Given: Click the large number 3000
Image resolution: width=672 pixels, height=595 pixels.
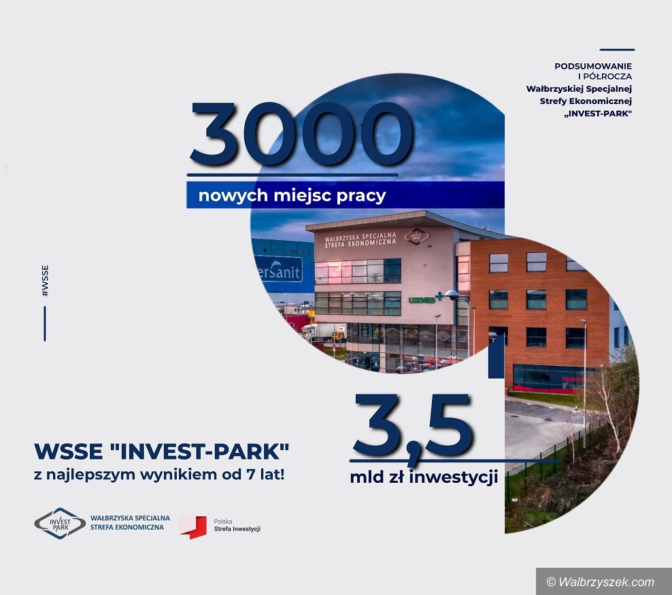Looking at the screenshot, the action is tap(301, 134).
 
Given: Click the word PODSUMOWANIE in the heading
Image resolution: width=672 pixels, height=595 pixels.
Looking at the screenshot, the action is tap(592, 66).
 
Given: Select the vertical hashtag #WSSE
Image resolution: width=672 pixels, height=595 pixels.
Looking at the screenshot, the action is tap(45, 281).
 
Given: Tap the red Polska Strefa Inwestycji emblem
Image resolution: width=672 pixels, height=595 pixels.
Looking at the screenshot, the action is tap(193, 526).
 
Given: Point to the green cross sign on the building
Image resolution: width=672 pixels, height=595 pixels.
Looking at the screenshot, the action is tap(439, 296).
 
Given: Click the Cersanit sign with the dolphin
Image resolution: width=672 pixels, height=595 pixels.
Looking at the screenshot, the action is tap(279, 270).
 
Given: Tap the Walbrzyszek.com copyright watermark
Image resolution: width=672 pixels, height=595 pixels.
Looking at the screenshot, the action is tap(601, 581).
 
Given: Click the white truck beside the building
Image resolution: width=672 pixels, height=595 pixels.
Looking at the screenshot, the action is tap(323, 332).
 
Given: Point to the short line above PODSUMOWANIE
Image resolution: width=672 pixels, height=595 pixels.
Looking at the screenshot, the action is tap(617, 50).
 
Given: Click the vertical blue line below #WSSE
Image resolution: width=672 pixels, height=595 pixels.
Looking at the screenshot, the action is tap(45, 324).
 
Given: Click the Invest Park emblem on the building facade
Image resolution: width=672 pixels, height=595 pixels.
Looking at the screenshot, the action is tap(416, 236).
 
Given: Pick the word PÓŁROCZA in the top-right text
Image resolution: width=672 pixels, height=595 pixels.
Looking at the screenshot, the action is tap(607, 77).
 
